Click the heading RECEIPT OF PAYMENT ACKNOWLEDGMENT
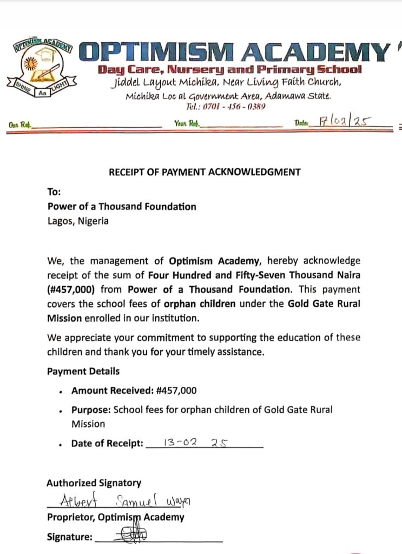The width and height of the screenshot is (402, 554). pos(205,173)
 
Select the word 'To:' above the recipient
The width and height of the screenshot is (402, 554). pos(54,192)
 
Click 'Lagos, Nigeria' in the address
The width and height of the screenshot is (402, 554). pos(78,221)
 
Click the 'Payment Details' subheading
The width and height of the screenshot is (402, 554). pos(83,371)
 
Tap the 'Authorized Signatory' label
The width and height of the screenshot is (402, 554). pos(94,483)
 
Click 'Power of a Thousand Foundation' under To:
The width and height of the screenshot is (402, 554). pos(122,206)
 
